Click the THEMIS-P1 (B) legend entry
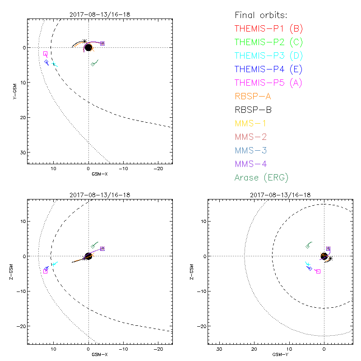(268, 29)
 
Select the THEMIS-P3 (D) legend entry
(268, 56)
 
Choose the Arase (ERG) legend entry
(261, 177)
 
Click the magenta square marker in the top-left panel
(45, 54)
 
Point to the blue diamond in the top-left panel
(46, 62)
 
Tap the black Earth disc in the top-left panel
(88, 47)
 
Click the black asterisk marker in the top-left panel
(84, 41)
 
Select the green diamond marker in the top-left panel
(93, 64)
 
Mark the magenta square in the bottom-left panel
(45, 271)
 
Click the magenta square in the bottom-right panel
(318, 271)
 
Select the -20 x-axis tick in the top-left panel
(158, 169)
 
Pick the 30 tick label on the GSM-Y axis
(219, 349)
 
